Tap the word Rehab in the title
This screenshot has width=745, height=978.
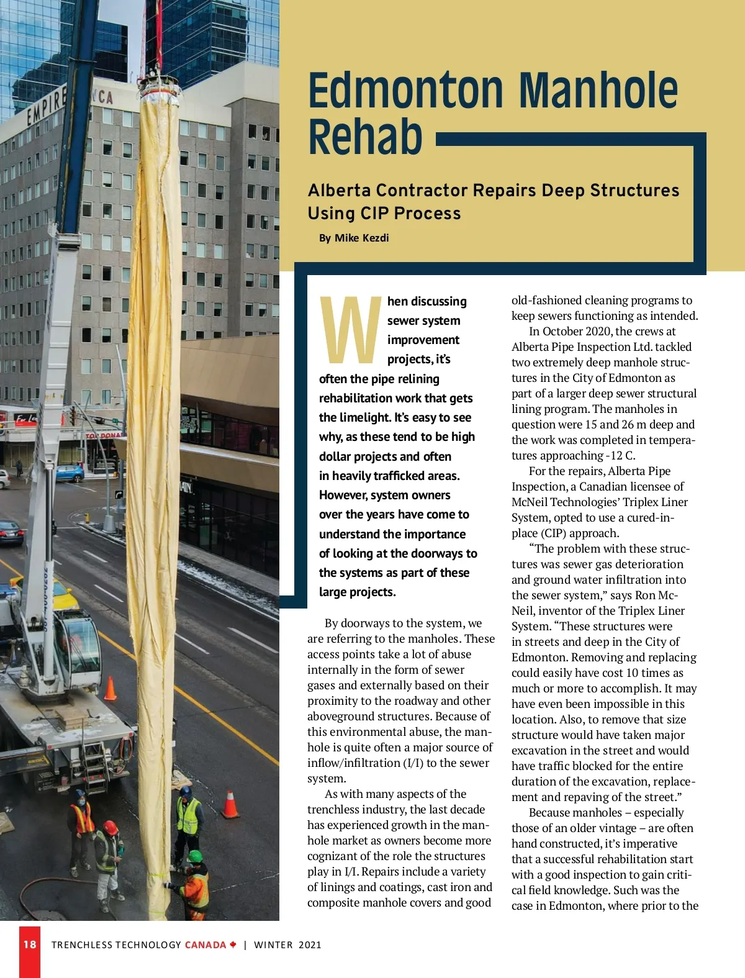click(x=365, y=137)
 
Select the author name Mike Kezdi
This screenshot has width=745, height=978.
click(x=361, y=238)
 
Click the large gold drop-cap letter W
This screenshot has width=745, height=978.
click(x=350, y=330)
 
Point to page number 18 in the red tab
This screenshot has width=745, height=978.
click(x=30, y=944)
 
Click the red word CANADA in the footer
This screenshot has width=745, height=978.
click(x=205, y=945)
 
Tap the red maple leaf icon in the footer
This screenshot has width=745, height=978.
click(x=233, y=944)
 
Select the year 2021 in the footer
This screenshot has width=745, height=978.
click(x=310, y=945)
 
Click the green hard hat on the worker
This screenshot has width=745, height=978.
click(x=195, y=857)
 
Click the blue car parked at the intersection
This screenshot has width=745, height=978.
click(x=70, y=474)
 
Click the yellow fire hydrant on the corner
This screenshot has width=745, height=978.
click(x=87, y=517)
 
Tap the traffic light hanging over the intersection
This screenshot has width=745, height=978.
click(x=73, y=415)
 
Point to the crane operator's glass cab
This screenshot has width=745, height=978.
click(x=78, y=646)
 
